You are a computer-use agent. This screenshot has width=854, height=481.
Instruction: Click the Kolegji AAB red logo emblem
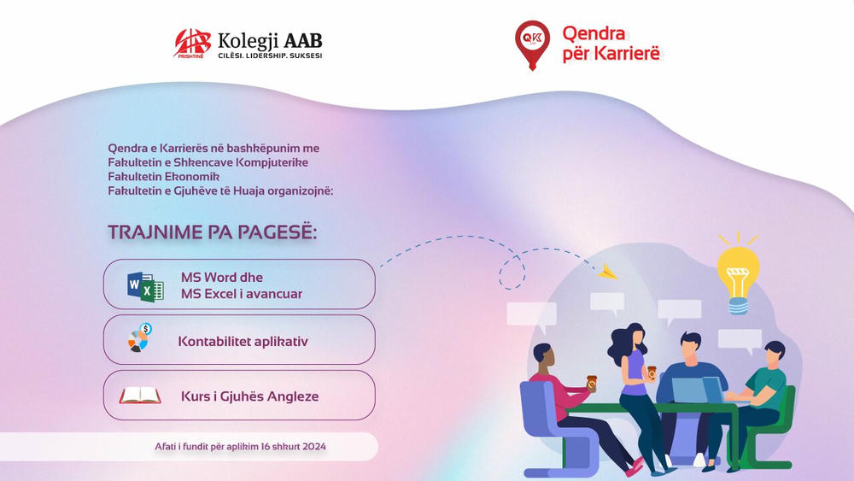(x=192, y=43)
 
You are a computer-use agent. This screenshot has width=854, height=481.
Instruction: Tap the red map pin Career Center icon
(x=532, y=44)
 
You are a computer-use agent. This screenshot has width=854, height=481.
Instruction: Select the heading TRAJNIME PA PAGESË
(x=212, y=232)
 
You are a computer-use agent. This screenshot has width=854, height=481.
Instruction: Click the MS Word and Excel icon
(x=145, y=287)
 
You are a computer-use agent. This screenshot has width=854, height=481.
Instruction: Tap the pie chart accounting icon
(x=139, y=339)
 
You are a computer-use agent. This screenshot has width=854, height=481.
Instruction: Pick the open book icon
(x=140, y=396)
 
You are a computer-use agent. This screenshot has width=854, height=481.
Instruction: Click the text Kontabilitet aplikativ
(x=243, y=342)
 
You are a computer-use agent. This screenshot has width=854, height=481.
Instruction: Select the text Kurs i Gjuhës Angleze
(x=249, y=396)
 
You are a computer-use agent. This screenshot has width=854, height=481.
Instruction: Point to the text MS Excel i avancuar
(x=241, y=294)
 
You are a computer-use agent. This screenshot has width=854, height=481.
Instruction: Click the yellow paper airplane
(x=607, y=272)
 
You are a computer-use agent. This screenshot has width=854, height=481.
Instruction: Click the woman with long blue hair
(x=631, y=376)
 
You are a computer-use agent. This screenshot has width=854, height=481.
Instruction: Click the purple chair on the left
(x=547, y=423)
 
